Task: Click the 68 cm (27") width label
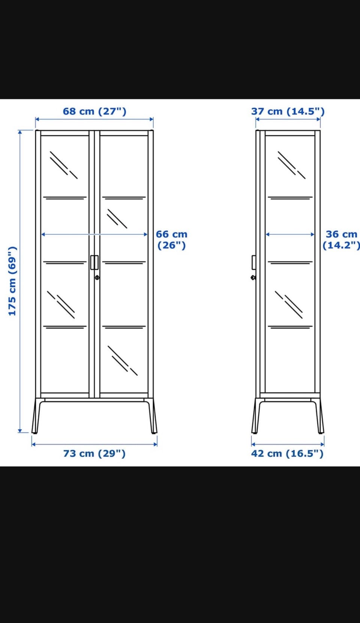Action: click(x=94, y=111)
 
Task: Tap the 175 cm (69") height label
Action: click(x=12, y=281)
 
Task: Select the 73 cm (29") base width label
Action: click(x=94, y=453)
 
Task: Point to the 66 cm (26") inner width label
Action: click(x=171, y=240)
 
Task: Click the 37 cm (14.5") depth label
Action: click(x=288, y=111)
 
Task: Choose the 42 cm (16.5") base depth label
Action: click(x=287, y=453)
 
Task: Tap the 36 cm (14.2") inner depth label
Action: click(x=341, y=240)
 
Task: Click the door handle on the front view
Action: click(x=94, y=262)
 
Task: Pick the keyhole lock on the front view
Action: click(x=97, y=277)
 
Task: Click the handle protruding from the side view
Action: click(x=254, y=262)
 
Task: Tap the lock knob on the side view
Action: click(x=253, y=277)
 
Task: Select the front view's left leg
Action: click(x=36, y=416)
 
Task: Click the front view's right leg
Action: click(x=151, y=416)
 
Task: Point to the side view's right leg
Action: click(x=318, y=416)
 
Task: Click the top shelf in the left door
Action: click(x=65, y=198)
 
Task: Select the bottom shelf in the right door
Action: click(x=124, y=327)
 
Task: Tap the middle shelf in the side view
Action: click(x=290, y=262)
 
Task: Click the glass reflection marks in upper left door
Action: click(x=64, y=165)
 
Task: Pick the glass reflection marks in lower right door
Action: click(x=123, y=361)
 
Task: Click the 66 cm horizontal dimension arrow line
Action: click(x=94, y=234)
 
